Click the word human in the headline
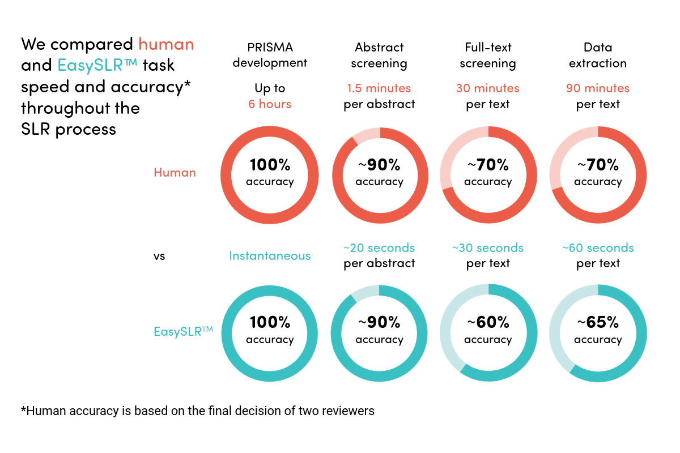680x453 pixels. pyautogui.click(x=166, y=44)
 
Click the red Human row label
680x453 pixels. pyautogui.click(x=175, y=173)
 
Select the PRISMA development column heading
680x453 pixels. pyautogui.click(x=270, y=55)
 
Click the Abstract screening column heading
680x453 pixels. pyautogui.click(x=379, y=55)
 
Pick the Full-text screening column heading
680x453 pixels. pyautogui.click(x=488, y=55)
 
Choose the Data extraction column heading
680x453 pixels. pyautogui.click(x=598, y=55)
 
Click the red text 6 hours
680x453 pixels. pyautogui.click(x=270, y=104)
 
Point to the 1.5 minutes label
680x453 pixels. pyautogui.click(x=379, y=88)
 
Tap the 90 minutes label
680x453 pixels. pyautogui.click(x=598, y=88)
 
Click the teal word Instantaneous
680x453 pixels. pyautogui.click(x=270, y=256)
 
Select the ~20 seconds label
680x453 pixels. pyautogui.click(x=379, y=248)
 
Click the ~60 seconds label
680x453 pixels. pyautogui.click(x=598, y=248)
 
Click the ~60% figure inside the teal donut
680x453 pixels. pyautogui.click(x=488, y=323)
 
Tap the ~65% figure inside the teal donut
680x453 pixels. pyautogui.click(x=598, y=323)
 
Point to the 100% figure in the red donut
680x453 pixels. pyautogui.click(x=270, y=165)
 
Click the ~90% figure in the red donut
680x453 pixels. pyautogui.click(x=379, y=165)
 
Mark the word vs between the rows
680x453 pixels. pyautogui.click(x=159, y=256)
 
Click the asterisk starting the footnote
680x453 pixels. pyautogui.click(x=23, y=409)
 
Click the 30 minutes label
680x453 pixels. pyautogui.click(x=488, y=88)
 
